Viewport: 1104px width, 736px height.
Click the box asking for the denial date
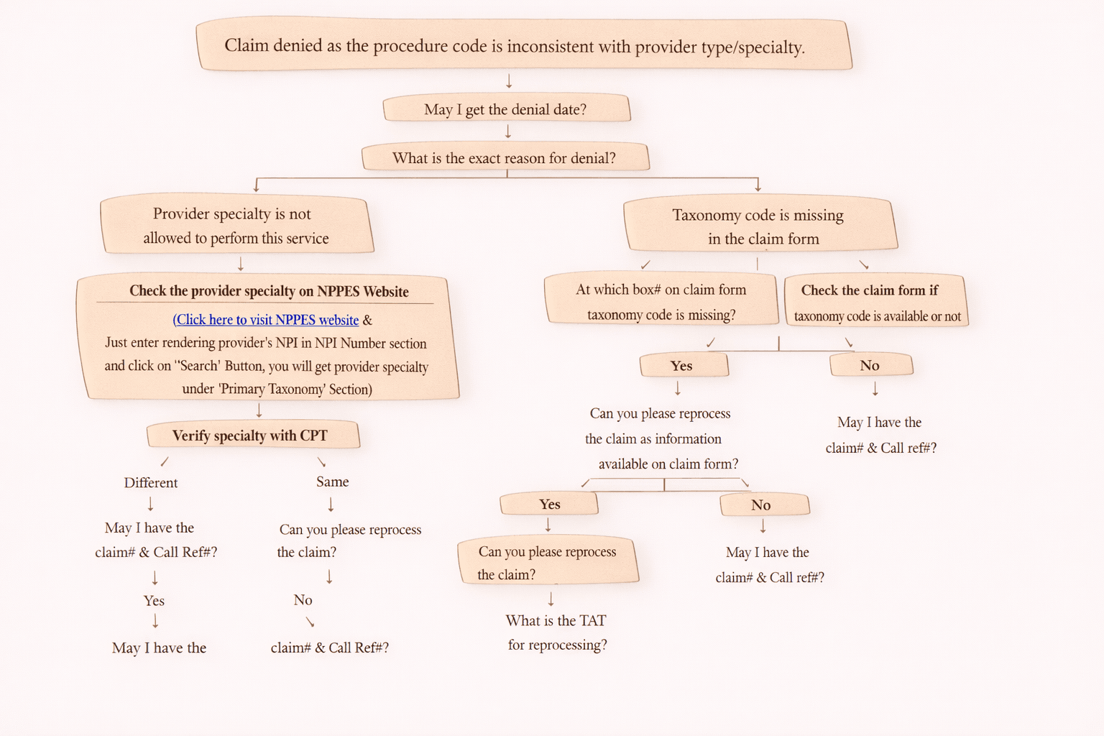pyautogui.click(x=506, y=109)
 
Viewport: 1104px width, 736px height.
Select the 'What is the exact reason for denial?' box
pyautogui.click(x=505, y=158)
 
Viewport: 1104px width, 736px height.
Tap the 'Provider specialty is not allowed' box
pyautogui.click(x=236, y=226)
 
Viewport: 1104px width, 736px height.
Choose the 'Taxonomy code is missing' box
pyautogui.click(x=759, y=226)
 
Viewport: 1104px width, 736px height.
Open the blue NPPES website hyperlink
pyautogui.click(x=266, y=320)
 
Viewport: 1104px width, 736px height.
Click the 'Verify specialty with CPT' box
pyautogui.click(x=252, y=436)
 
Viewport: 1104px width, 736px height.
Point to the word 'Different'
pyautogui.click(x=151, y=482)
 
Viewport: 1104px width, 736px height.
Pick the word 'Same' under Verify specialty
pyautogui.click(x=332, y=482)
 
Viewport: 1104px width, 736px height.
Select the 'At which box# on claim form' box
pyautogui.click(x=661, y=300)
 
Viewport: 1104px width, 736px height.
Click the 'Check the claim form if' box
pyautogui.click(x=875, y=301)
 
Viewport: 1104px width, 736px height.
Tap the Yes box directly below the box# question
pyautogui.click(x=683, y=366)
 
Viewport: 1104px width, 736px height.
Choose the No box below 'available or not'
pyautogui.click(x=870, y=365)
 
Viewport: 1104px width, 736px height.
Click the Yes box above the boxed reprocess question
pyautogui.click(x=549, y=505)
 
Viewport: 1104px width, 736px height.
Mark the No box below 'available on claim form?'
pyautogui.click(x=763, y=505)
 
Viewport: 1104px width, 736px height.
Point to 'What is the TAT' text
pyautogui.click(x=556, y=620)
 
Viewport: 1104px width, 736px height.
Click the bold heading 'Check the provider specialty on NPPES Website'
pyautogui.click(x=269, y=291)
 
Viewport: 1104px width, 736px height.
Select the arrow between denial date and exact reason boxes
pyautogui.click(x=508, y=132)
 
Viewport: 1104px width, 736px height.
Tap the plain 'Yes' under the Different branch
pyautogui.click(x=154, y=601)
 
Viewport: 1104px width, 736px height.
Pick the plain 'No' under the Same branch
pyautogui.click(x=303, y=600)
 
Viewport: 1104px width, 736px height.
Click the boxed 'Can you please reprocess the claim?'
pyautogui.click(x=548, y=562)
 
